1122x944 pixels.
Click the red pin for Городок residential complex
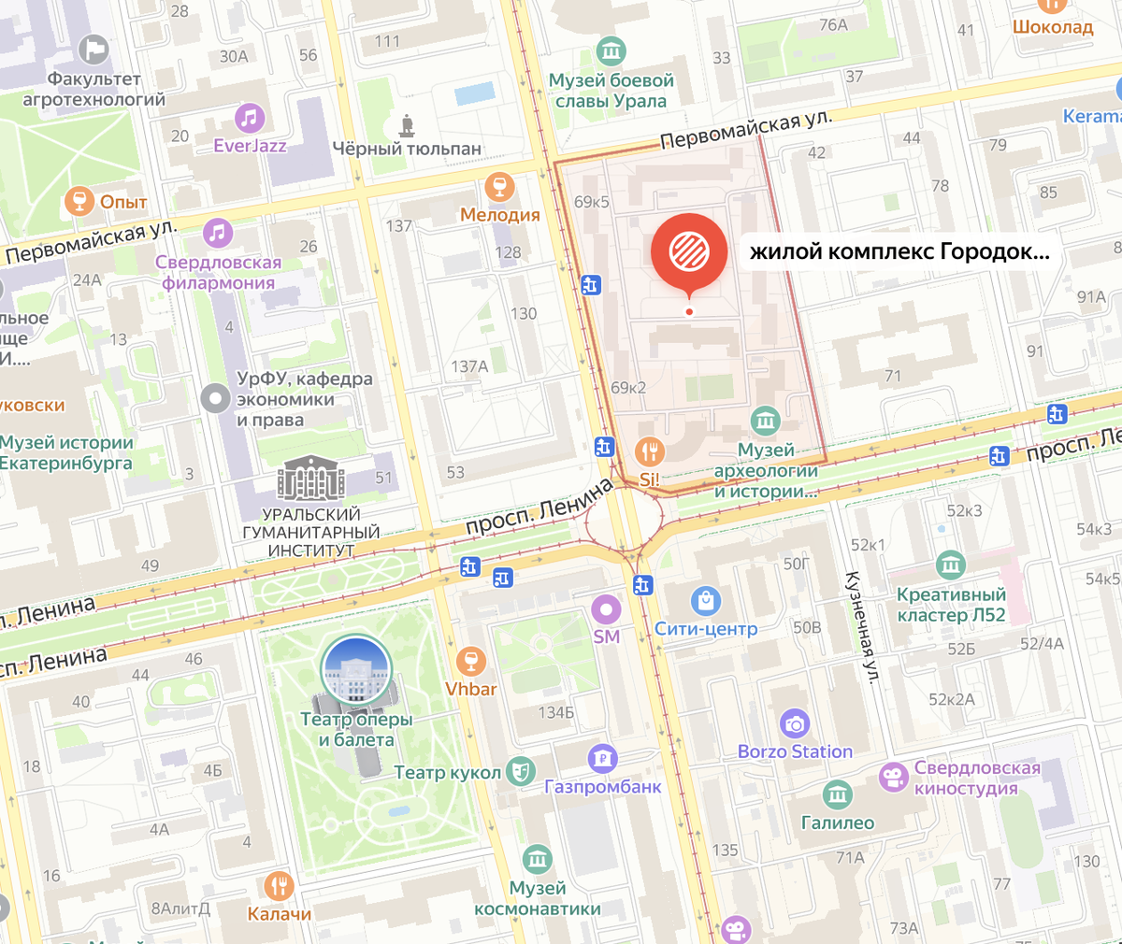click(x=689, y=250)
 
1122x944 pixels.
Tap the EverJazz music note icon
click(x=249, y=119)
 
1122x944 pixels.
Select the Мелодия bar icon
click(x=499, y=186)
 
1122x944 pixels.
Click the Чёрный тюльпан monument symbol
click(x=407, y=125)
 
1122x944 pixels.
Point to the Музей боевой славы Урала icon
click(x=611, y=50)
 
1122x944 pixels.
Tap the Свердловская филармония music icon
click(x=218, y=233)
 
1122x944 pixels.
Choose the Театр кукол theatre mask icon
click(x=520, y=771)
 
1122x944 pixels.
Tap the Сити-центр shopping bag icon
click(x=705, y=601)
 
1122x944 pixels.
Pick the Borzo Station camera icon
click(x=795, y=723)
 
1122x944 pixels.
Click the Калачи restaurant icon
click(x=279, y=885)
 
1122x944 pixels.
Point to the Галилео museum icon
click(x=837, y=795)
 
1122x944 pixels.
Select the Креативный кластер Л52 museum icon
click(x=950, y=565)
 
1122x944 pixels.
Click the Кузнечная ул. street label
click(x=861, y=626)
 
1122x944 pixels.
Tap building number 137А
click(x=469, y=366)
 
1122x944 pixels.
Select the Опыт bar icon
click(x=79, y=201)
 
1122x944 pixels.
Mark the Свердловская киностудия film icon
click(x=893, y=777)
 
